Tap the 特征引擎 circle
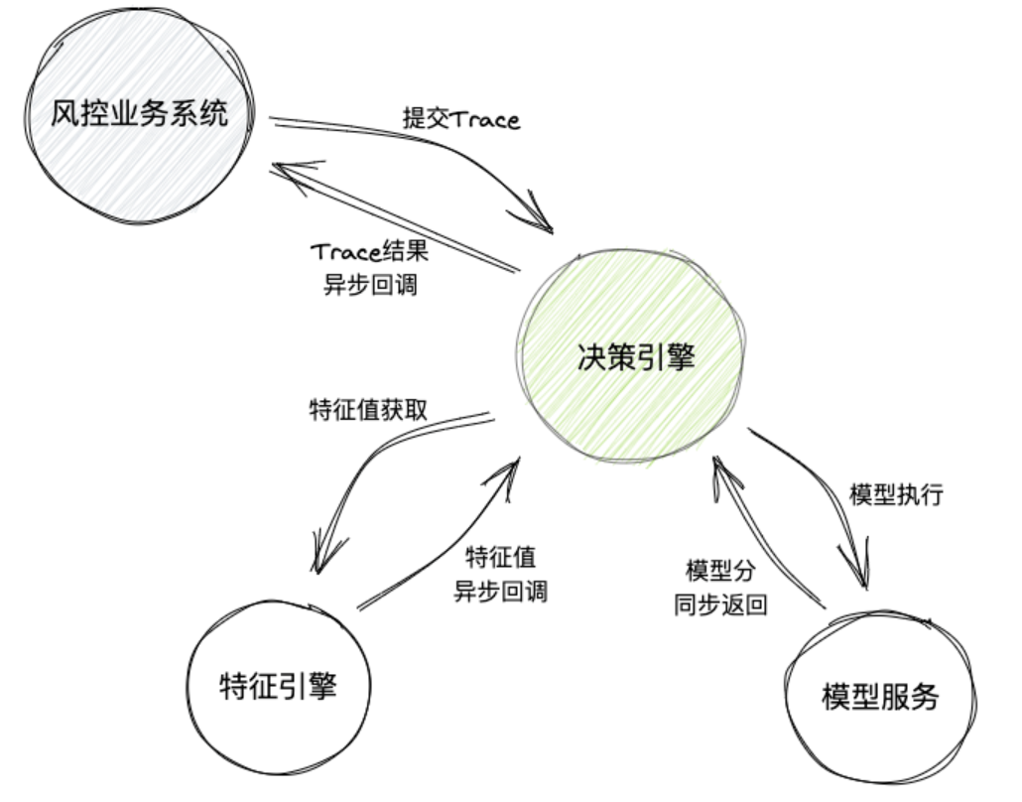[278, 686]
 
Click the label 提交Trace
[461, 120]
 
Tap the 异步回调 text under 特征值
[501, 592]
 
